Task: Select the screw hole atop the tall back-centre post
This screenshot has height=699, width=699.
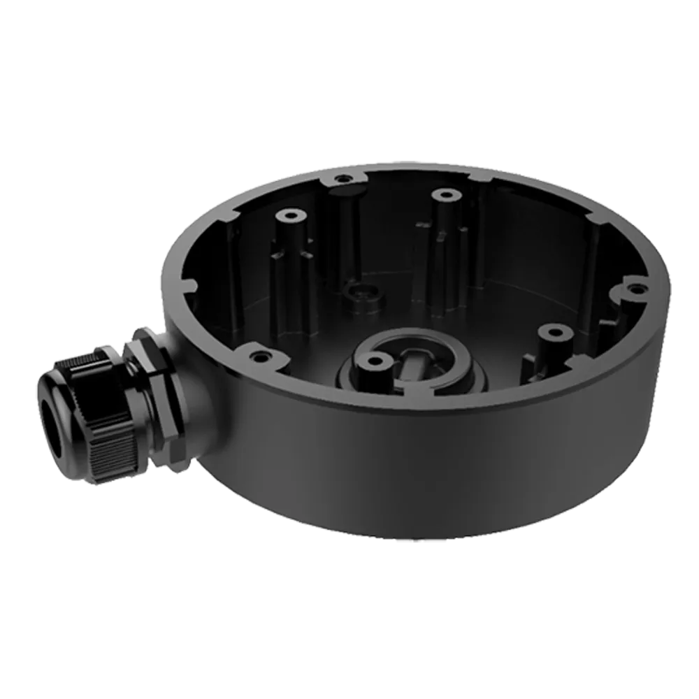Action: tap(442, 194)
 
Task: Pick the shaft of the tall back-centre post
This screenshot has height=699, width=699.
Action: tap(442, 259)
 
